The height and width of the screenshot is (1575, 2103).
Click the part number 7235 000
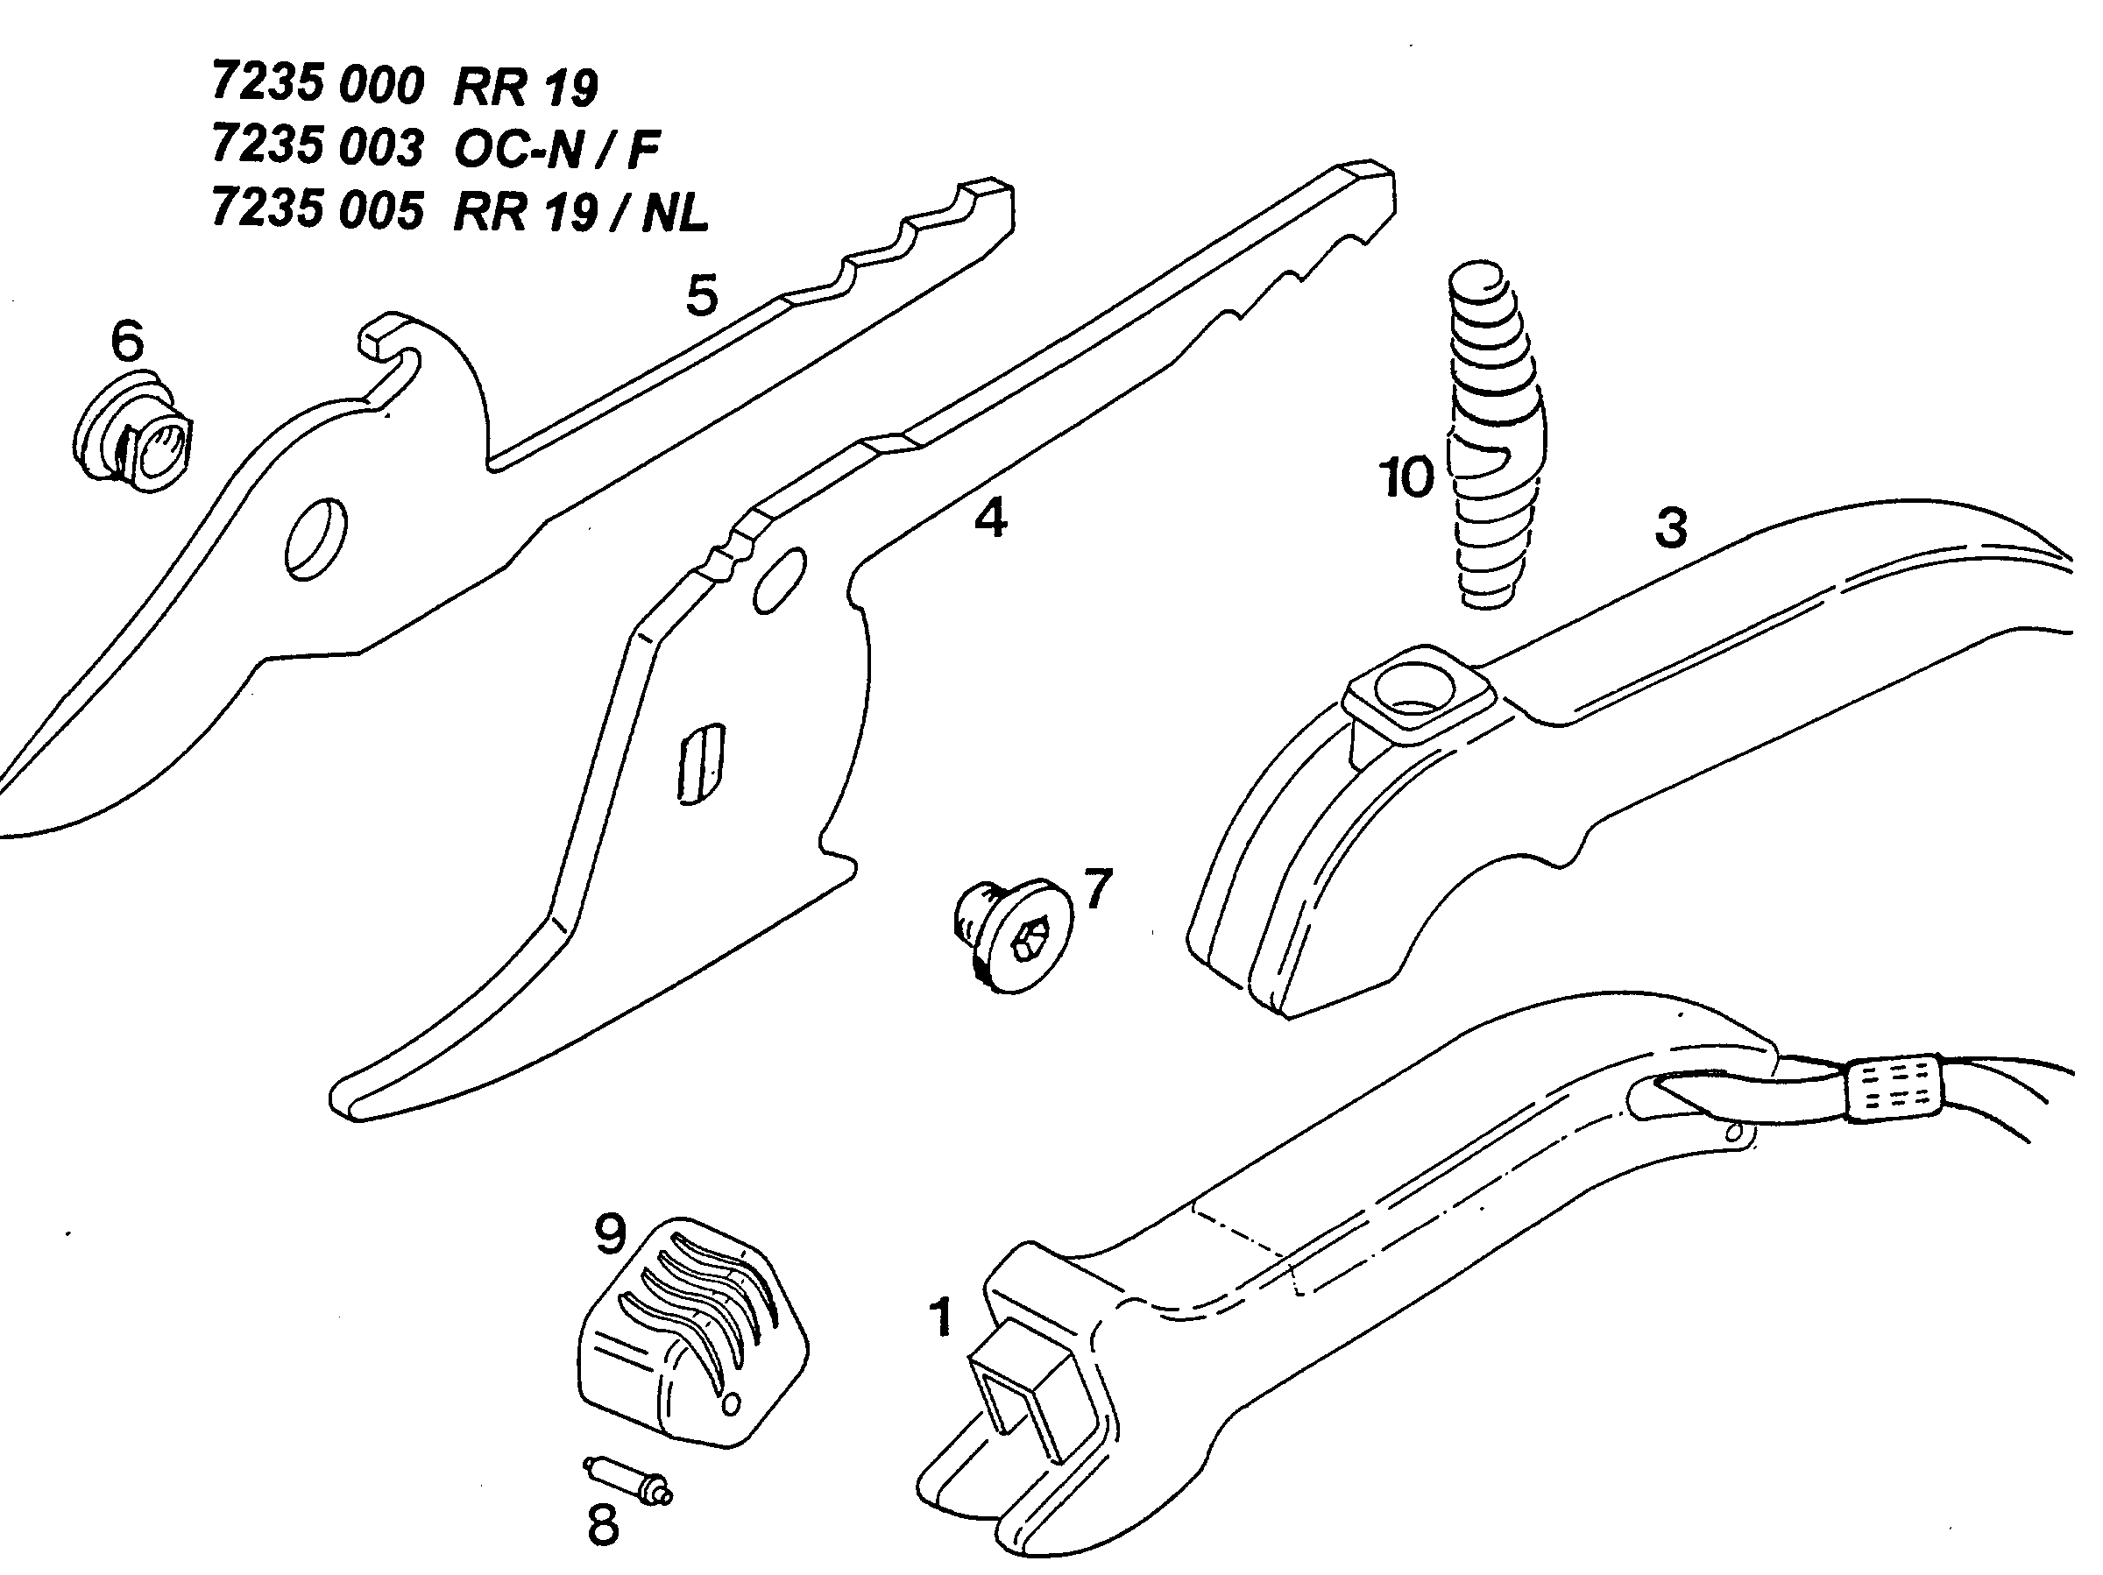click(x=316, y=85)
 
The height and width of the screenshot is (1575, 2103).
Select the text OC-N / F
click(x=556, y=148)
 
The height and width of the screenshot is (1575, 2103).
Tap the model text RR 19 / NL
click(x=581, y=211)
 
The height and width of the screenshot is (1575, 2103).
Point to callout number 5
click(x=702, y=295)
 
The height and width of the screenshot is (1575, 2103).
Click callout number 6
click(x=127, y=339)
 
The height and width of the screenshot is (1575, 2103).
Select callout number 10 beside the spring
click(x=1406, y=477)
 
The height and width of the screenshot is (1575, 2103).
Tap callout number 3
click(x=1670, y=527)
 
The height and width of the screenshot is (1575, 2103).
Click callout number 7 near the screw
click(x=1097, y=889)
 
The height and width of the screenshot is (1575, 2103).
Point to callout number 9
click(x=611, y=1233)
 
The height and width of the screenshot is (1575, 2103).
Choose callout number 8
click(x=603, y=1527)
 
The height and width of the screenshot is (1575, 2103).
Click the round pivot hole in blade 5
click(x=315, y=538)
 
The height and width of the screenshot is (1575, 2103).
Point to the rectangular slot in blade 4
click(x=702, y=766)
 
